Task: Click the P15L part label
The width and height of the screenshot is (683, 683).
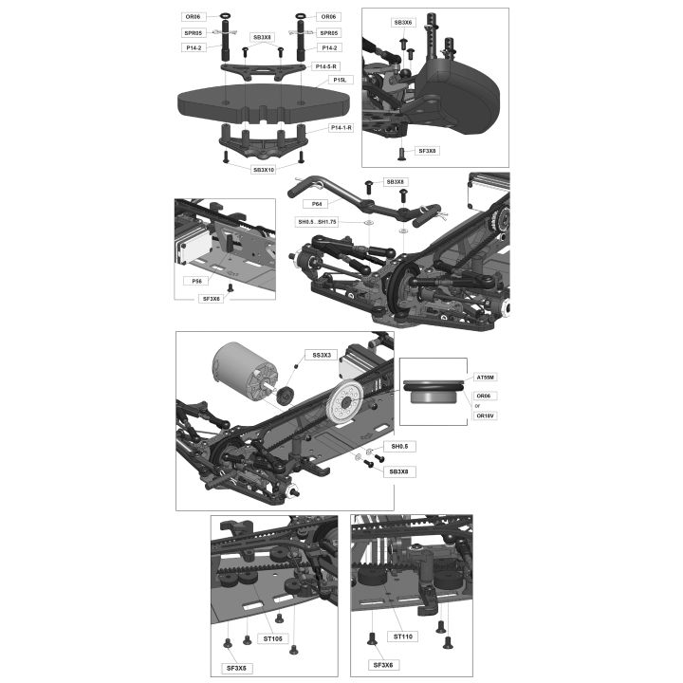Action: pos(340,80)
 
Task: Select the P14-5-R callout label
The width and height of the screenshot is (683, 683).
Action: pos(325,66)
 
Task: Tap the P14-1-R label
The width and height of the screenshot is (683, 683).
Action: pos(341,128)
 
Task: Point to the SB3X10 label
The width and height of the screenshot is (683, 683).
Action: pos(264,170)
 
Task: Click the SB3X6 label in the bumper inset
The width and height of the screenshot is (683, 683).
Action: pos(403,22)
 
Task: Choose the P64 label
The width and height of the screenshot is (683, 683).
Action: pos(317,204)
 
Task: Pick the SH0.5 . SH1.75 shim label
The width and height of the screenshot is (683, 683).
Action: pos(317,222)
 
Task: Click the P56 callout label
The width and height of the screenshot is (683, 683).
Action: pos(197,281)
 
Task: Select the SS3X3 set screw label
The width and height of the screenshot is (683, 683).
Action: pos(322,356)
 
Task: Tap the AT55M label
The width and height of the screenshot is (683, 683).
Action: pos(486,378)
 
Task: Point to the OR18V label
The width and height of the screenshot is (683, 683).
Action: pos(485,416)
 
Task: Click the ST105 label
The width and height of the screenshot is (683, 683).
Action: pos(272,638)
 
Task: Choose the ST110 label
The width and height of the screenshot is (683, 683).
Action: pos(403,637)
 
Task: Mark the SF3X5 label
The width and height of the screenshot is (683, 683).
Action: pos(236,668)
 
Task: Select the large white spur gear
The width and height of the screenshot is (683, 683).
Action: pos(346,401)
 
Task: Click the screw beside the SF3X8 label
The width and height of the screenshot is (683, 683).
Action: pos(401,153)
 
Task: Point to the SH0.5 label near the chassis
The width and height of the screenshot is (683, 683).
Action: pos(399,447)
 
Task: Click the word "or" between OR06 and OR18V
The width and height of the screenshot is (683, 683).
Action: pos(477,406)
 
